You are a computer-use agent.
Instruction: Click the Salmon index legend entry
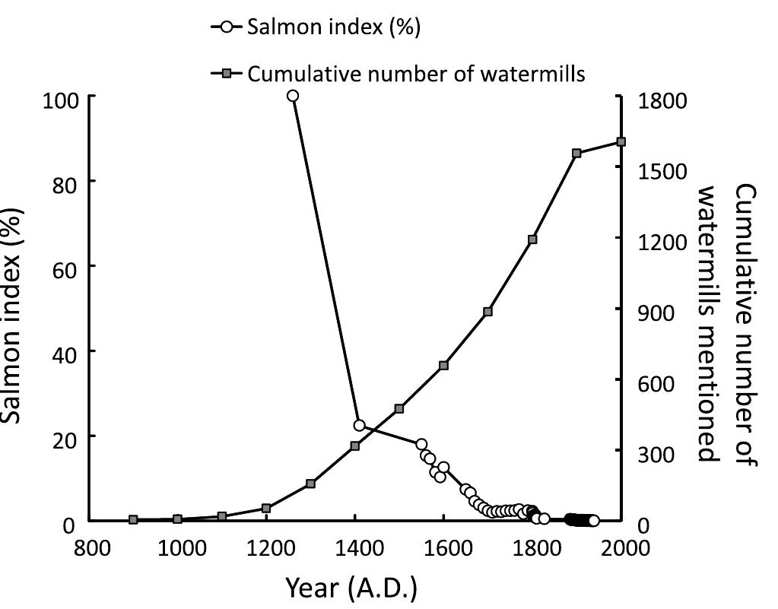click(x=315, y=28)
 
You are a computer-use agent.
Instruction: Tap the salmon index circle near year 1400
click(x=359, y=425)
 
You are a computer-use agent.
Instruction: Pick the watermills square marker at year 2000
click(x=621, y=142)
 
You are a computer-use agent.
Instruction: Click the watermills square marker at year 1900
click(x=576, y=154)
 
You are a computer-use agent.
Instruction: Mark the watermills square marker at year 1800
click(x=532, y=239)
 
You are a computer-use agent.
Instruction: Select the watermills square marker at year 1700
click(x=488, y=312)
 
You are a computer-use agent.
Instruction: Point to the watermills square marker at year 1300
click(x=310, y=484)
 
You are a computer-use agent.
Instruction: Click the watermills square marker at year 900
click(x=133, y=520)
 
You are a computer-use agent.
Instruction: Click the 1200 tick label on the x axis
click(x=267, y=549)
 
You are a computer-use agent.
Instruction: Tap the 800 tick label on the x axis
click(x=91, y=549)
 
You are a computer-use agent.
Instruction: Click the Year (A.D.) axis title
click(x=351, y=587)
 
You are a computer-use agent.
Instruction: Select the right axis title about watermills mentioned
click(x=727, y=323)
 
